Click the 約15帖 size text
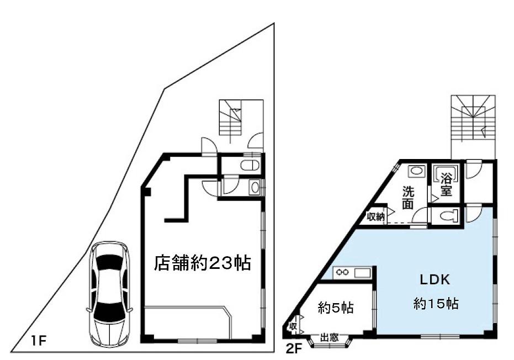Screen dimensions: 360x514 [437, 303]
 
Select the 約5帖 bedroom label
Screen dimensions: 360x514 [336, 308]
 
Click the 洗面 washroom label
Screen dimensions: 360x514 [407, 198]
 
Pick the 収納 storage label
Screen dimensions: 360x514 [376, 216]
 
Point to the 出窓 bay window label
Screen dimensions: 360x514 [330, 337]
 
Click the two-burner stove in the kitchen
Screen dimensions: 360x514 [341, 272]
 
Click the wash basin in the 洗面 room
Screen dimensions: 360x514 [417, 171]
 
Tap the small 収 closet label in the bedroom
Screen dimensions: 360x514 [293, 325]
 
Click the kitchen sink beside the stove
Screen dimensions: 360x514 [362, 272]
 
